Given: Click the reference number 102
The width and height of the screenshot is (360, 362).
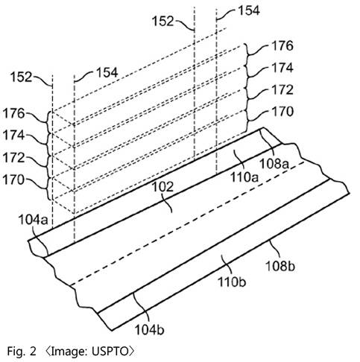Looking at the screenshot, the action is tap(162, 187).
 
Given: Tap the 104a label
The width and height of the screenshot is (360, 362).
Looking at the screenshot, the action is tap(33, 220).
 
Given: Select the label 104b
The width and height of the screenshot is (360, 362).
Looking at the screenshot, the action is tap(149, 330).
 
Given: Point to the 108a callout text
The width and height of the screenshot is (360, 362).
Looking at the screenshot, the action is tap(274, 164).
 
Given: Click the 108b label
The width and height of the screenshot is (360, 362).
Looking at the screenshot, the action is tap(280, 266).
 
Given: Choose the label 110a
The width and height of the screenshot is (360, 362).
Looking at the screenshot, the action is tap(244, 177).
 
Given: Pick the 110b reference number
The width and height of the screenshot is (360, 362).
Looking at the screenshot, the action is tap(232, 282).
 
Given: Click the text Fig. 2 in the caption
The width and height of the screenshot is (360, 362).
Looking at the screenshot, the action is tap(22, 351).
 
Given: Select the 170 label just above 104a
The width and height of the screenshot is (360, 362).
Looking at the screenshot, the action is tap(13, 180).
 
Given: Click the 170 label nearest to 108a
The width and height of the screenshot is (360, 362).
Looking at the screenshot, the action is tap(282, 112).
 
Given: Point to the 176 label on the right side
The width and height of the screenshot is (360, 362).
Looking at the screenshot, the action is tap(282, 46).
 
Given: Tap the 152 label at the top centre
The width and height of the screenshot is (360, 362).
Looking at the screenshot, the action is tap(162, 21).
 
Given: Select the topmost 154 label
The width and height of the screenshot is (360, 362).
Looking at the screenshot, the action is tap(249, 10).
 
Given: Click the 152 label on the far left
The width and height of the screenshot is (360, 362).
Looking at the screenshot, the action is tap(21, 77).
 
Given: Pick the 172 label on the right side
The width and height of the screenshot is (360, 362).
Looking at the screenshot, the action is tap(282, 89).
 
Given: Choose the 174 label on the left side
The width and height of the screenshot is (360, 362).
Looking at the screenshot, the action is tap(13, 136).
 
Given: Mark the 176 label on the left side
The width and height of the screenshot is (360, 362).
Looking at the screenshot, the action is tap(13, 113).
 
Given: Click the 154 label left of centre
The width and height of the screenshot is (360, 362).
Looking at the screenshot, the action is tap(107, 72).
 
